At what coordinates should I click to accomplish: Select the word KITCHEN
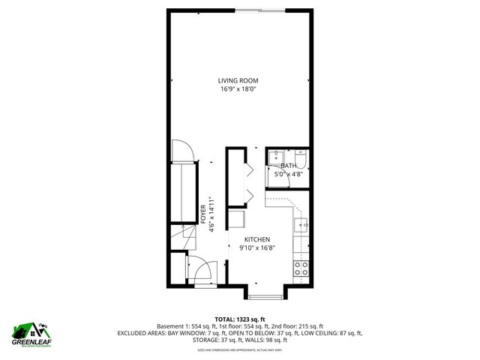[256, 240]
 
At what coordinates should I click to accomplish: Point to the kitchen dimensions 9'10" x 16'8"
[256, 248]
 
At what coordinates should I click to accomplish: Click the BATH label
[289, 166]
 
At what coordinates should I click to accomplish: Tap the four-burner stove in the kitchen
[301, 268]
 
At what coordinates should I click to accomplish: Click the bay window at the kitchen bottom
[268, 295]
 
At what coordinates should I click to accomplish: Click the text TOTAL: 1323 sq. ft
[240, 319]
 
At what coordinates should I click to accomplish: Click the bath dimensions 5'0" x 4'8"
[289, 175]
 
